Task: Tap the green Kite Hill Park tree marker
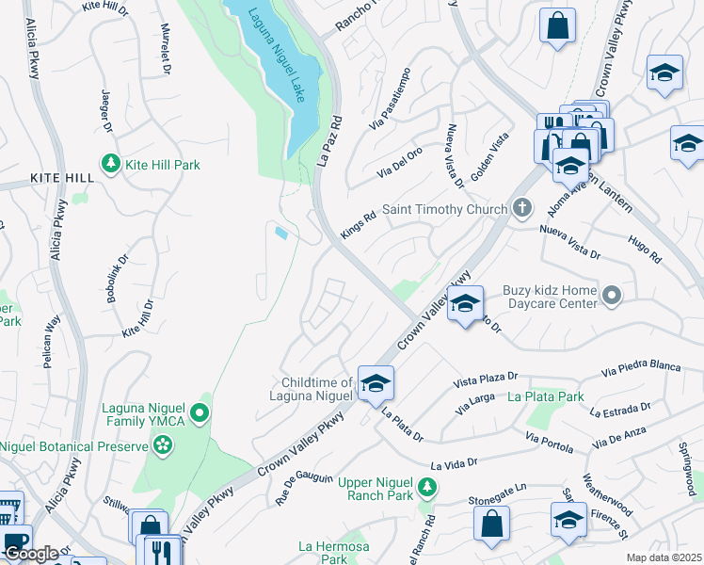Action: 111,165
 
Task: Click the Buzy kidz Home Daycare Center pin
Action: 612,297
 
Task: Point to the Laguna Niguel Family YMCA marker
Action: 199,412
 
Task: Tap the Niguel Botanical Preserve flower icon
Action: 164,445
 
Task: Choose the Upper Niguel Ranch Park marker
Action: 427,487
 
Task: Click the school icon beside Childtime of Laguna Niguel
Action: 375,382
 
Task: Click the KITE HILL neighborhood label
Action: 61,178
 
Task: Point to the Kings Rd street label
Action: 358,224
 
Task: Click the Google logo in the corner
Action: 31,553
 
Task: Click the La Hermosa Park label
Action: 323,553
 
